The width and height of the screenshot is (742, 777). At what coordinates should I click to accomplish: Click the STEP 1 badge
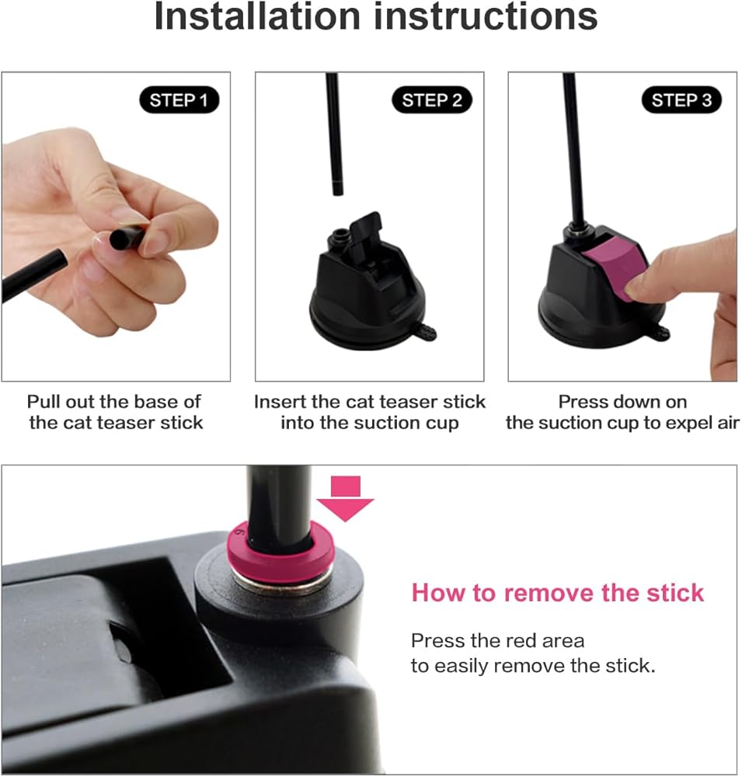(179, 100)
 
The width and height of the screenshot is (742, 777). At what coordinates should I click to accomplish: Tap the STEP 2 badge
(432, 100)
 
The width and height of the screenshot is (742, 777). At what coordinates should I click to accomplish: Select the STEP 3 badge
(681, 100)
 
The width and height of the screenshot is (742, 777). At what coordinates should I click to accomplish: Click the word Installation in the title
(257, 16)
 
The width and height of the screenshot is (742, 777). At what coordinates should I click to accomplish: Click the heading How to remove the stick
(558, 593)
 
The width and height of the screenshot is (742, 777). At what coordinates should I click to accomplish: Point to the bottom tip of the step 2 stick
(337, 195)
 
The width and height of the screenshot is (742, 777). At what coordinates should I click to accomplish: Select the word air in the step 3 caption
(727, 423)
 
